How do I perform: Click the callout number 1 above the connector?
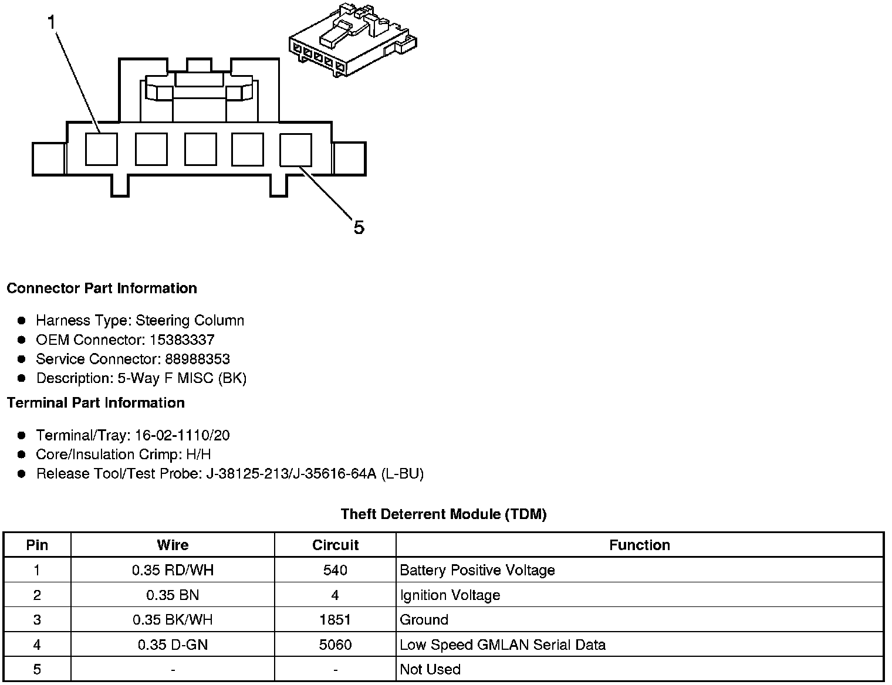pyautogui.click(x=52, y=23)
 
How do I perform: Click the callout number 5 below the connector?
pyautogui.click(x=359, y=228)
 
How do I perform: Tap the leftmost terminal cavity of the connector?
pyautogui.click(x=101, y=149)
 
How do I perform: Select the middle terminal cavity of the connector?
pyautogui.click(x=200, y=149)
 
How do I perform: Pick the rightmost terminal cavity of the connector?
pyautogui.click(x=295, y=150)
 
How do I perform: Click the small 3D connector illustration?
pyautogui.click(x=352, y=40)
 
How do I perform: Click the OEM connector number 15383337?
pyautogui.click(x=182, y=340)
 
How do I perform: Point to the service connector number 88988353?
pyautogui.click(x=197, y=359)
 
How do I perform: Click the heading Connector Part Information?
pyautogui.click(x=102, y=288)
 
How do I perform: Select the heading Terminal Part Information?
pyautogui.click(x=96, y=402)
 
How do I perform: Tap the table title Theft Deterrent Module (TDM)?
pyautogui.click(x=444, y=514)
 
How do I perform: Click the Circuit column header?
pyautogui.click(x=335, y=545)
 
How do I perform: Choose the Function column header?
pyautogui.click(x=639, y=545)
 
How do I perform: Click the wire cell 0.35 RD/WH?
pyautogui.click(x=173, y=570)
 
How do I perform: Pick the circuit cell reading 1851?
pyautogui.click(x=335, y=620)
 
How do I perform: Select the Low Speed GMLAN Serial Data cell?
pyautogui.click(x=502, y=645)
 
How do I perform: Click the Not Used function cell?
pyautogui.click(x=430, y=670)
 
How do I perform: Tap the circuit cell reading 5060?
pyautogui.click(x=335, y=645)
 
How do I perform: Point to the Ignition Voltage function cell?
pyautogui.click(x=450, y=595)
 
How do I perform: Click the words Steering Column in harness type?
pyautogui.click(x=190, y=320)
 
